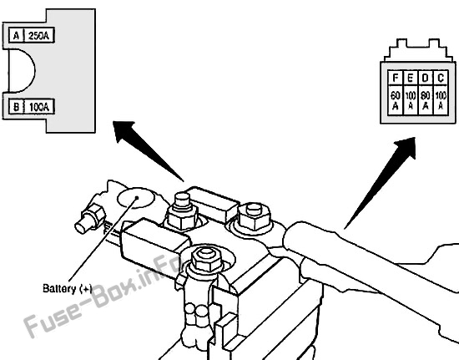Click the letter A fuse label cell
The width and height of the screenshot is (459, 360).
[16, 36]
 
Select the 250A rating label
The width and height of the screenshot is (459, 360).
[38, 36]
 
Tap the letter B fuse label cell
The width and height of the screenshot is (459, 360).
[16, 107]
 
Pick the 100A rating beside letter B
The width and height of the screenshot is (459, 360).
[38, 107]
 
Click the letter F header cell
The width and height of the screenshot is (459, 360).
[396, 78]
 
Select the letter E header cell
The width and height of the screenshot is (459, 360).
[411, 78]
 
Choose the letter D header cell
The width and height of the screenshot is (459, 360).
[426, 78]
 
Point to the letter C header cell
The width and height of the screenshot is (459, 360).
[441, 78]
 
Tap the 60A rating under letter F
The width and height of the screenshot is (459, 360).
[396, 100]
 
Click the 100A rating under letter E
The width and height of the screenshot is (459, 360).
[411, 100]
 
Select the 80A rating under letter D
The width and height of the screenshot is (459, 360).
[426, 100]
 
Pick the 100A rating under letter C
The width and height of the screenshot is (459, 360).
[441, 100]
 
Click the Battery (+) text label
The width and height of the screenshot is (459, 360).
[68, 289]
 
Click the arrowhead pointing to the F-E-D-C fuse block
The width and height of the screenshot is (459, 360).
[407, 146]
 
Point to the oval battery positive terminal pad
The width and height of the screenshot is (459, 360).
[135, 198]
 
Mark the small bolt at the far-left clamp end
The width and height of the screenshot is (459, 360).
[90, 219]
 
